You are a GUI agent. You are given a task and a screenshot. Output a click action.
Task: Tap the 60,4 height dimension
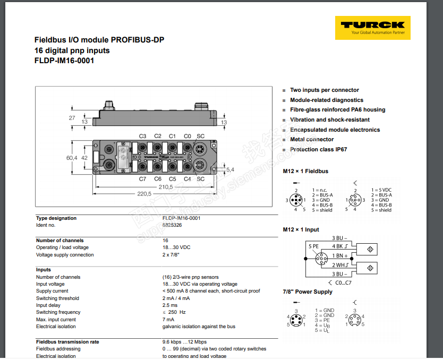point(72,158)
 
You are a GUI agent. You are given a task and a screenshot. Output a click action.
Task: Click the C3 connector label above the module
point(142,136)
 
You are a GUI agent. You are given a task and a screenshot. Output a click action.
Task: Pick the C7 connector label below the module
point(142,179)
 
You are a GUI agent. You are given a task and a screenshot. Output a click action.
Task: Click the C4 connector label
point(187,179)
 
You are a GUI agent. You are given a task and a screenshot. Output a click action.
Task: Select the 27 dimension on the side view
point(72,118)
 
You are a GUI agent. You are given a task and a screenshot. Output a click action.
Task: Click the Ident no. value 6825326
point(172,225)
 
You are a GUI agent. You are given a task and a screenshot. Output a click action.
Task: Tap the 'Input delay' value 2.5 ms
point(170,305)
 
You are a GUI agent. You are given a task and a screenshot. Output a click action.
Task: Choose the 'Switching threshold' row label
point(57,298)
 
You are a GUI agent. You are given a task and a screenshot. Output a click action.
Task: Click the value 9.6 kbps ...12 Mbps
point(184,342)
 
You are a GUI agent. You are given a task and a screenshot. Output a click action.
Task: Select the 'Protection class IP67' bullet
point(318,150)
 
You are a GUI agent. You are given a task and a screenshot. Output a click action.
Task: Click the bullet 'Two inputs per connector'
point(324,90)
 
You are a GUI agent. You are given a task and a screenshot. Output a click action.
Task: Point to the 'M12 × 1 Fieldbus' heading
point(305,171)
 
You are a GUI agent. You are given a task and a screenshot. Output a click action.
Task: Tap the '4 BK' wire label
point(338,246)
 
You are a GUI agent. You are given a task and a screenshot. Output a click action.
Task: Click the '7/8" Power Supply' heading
point(308,292)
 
